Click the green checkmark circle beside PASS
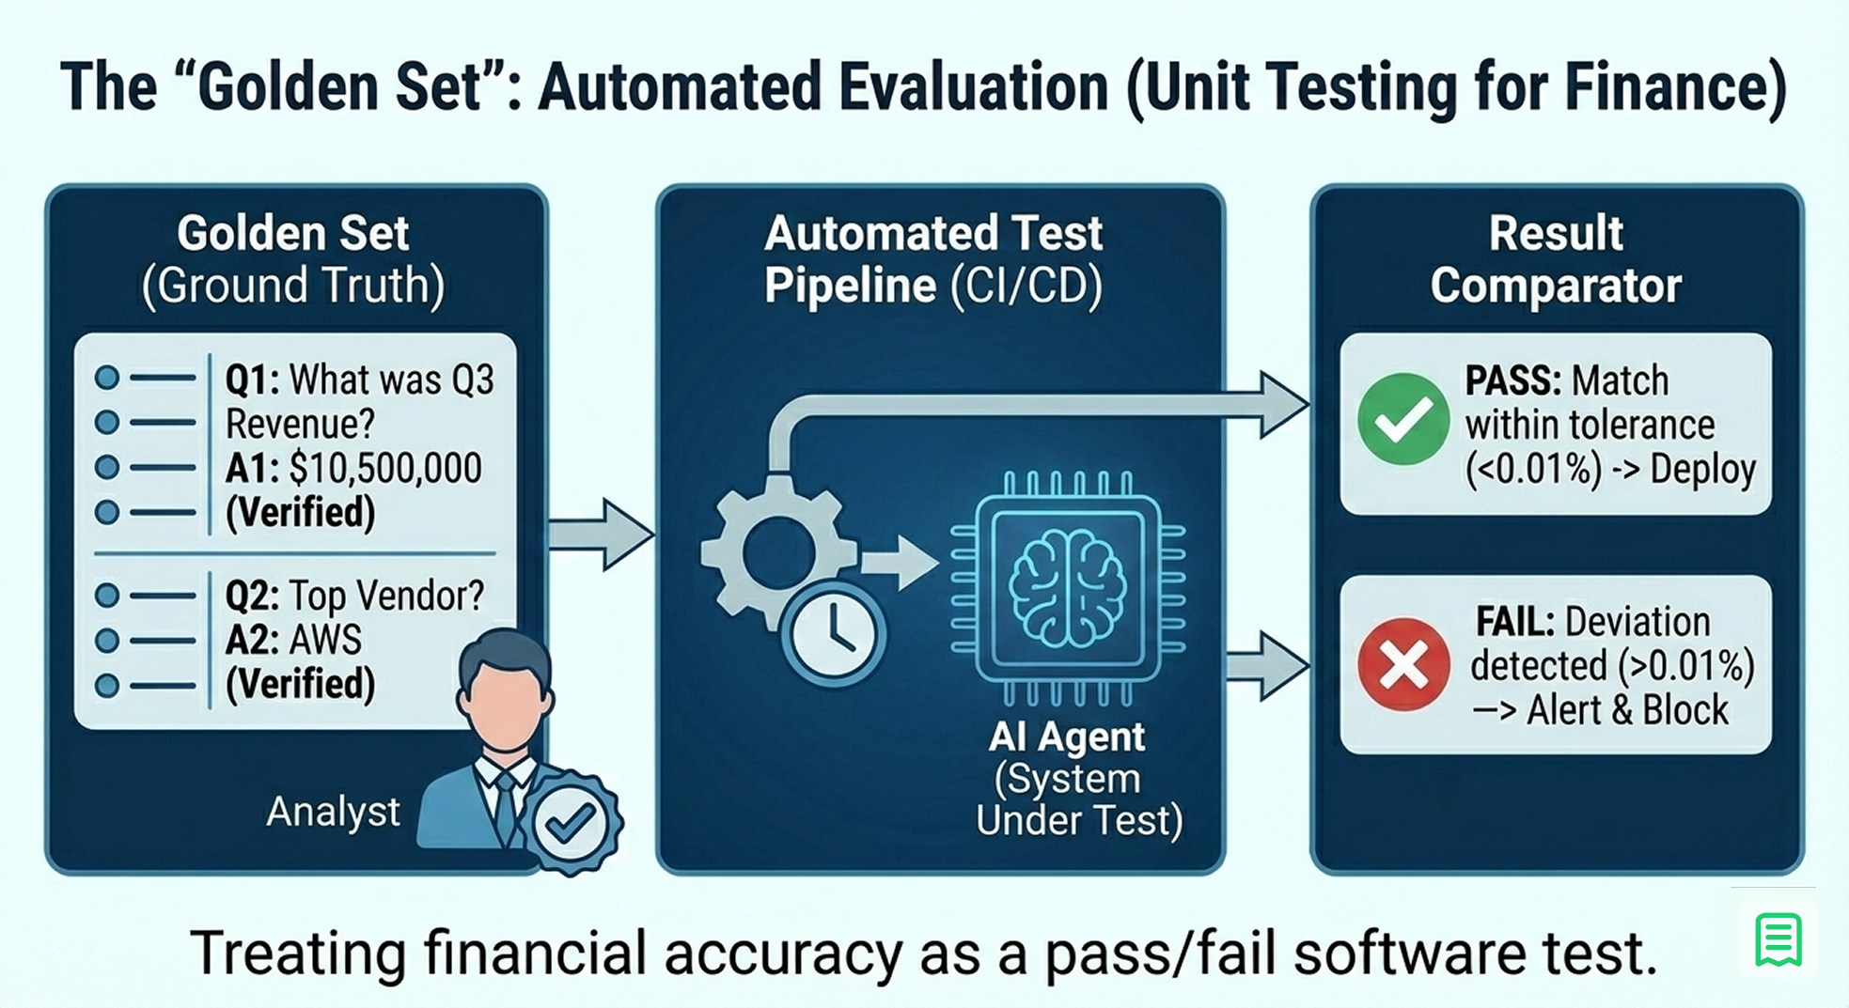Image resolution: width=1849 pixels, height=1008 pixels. click(1402, 419)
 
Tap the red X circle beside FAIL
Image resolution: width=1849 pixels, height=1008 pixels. click(1402, 664)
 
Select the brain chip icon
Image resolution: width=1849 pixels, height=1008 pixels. click(1067, 587)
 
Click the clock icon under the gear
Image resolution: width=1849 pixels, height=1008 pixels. click(833, 636)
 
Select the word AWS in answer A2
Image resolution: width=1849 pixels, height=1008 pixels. click(325, 641)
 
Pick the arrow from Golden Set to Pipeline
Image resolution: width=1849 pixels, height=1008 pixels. click(602, 534)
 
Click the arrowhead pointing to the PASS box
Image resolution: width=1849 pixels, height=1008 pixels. click(1282, 404)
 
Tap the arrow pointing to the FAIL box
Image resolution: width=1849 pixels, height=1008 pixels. click(1269, 665)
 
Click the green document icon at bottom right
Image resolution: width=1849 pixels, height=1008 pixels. click(1778, 939)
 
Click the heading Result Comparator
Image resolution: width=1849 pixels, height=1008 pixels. click(1556, 259)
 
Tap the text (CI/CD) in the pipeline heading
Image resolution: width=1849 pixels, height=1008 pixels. click(1026, 286)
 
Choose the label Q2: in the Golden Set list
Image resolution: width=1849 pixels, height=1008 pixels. click(251, 596)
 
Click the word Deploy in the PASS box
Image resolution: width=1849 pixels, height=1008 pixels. click(1702, 469)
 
